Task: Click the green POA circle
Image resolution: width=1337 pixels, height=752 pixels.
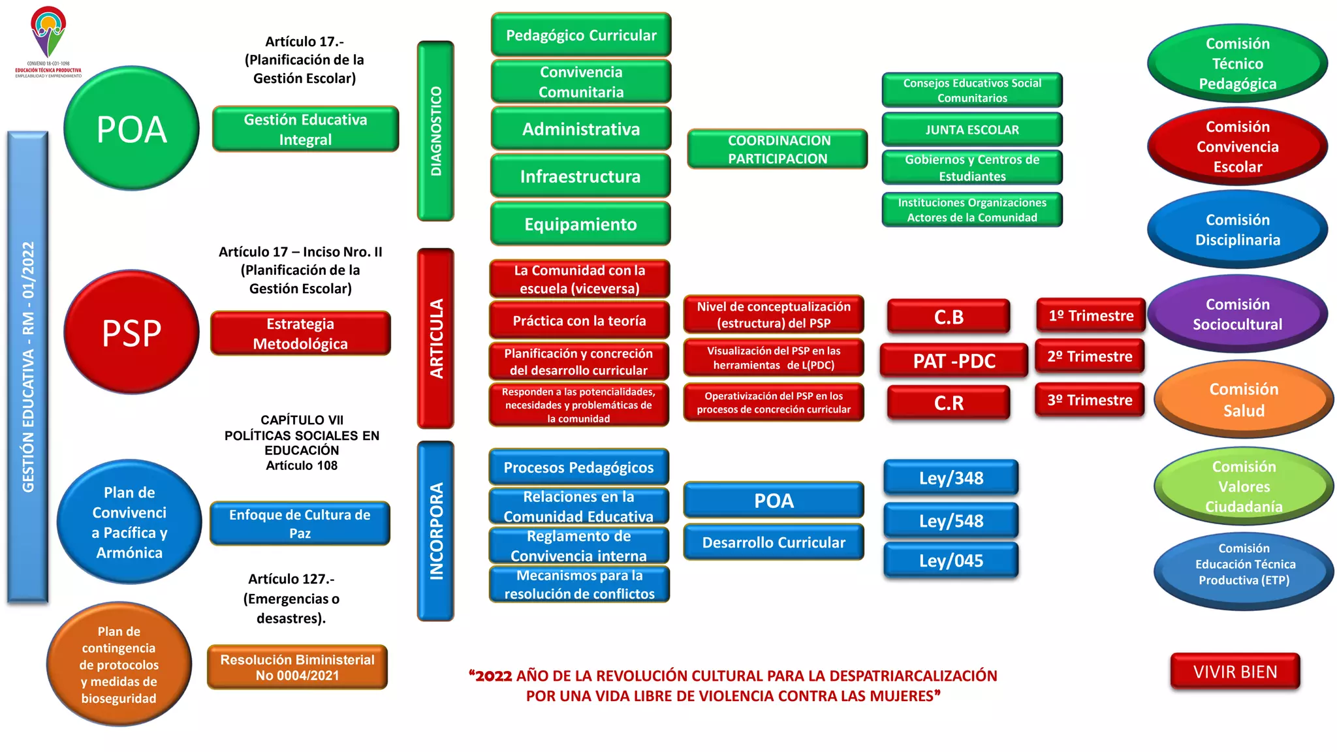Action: tap(131, 129)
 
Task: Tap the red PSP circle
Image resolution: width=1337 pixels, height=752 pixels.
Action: tap(131, 332)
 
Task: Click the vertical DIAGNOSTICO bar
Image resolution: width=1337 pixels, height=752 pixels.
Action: tap(435, 131)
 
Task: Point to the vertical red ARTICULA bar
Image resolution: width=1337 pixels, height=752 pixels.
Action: tap(435, 338)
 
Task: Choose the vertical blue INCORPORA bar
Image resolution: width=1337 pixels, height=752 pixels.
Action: tap(435, 531)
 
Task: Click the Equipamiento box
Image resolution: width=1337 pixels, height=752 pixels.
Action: tap(580, 224)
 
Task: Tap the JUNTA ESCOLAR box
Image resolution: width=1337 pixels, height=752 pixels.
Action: tap(971, 129)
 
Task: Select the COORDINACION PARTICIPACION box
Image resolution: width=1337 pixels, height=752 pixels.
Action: tap(777, 149)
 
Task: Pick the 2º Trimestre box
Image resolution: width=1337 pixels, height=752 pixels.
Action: tap(1090, 356)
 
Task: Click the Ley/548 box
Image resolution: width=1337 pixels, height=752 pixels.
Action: tap(951, 521)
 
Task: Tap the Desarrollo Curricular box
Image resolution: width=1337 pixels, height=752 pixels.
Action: tap(774, 542)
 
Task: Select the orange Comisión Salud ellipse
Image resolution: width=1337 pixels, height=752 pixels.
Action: tap(1243, 399)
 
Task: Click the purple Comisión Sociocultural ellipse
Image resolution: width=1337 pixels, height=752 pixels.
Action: tap(1237, 314)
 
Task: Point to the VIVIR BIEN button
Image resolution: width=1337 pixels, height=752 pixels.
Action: tap(1235, 672)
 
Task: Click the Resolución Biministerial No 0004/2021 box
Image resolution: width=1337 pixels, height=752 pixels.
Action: tap(297, 667)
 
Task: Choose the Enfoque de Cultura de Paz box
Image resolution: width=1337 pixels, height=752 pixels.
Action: tap(300, 524)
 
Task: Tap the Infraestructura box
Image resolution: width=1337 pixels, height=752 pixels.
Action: tap(580, 176)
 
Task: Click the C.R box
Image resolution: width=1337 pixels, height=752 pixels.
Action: tap(948, 403)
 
